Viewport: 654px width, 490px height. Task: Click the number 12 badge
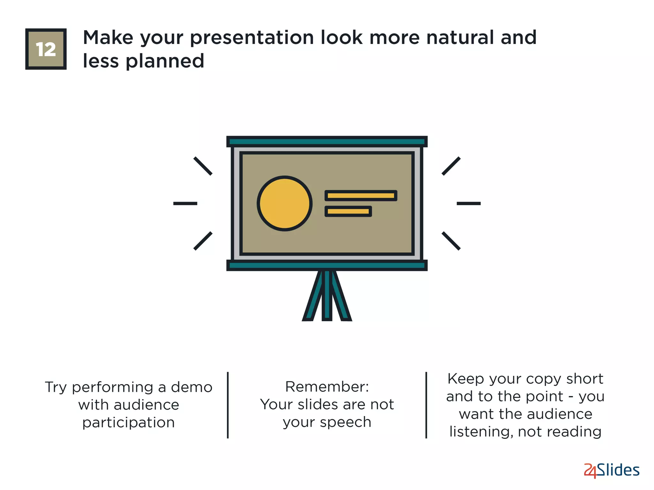click(x=46, y=49)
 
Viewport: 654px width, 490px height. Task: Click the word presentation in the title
click(x=252, y=38)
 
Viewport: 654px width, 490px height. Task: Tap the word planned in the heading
click(x=165, y=61)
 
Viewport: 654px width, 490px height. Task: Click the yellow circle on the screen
click(x=285, y=204)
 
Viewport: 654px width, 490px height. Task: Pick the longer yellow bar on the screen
click(x=361, y=196)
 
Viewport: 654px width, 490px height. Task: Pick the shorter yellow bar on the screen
click(x=348, y=211)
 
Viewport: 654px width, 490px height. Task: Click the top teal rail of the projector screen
click(x=327, y=141)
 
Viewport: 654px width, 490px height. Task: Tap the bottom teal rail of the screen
click(x=327, y=265)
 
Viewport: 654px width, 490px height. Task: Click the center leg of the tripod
click(x=327, y=295)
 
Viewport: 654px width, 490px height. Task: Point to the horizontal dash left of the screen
click(x=185, y=203)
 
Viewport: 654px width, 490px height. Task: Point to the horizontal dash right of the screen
click(x=468, y=203)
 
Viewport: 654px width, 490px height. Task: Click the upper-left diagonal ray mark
click(x=203, y=166)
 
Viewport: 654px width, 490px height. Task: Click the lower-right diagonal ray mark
click(x=451, y=241)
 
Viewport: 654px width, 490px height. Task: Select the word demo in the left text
click(x=192, y=387)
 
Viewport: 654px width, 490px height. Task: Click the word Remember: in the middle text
click(x=327, y=387)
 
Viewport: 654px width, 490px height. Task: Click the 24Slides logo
click(x=611, y=470)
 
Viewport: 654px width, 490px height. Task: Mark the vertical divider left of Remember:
click(x=228, y=405)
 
